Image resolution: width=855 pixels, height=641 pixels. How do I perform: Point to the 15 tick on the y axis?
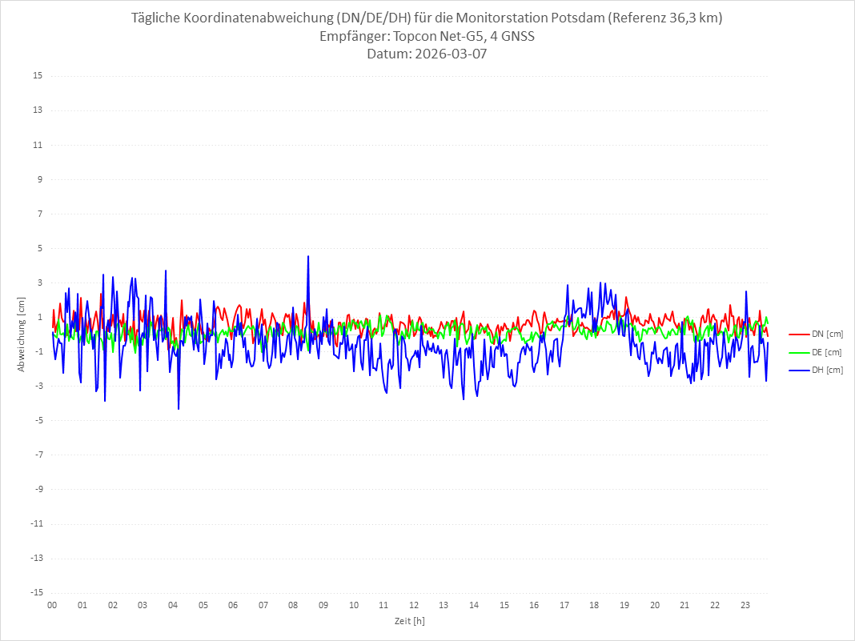point(38,76)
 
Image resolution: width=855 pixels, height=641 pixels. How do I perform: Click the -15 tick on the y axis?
point(36,593)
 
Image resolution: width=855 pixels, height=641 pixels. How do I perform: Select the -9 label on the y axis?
point(38,489)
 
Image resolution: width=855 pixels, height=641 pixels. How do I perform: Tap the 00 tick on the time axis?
point(52,605)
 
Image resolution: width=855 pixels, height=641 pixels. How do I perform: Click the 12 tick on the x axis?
point(414,605)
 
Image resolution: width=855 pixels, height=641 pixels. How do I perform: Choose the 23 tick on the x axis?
point(745,605)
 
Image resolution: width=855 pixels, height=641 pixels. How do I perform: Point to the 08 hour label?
point(293,605)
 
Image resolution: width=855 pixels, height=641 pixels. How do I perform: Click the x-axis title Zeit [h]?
point(409,621)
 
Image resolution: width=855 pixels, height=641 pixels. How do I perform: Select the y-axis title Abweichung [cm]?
point(22,335)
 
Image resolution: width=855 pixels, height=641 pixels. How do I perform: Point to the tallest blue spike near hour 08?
point(308,257)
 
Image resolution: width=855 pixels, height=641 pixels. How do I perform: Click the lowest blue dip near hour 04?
point(179,409)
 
